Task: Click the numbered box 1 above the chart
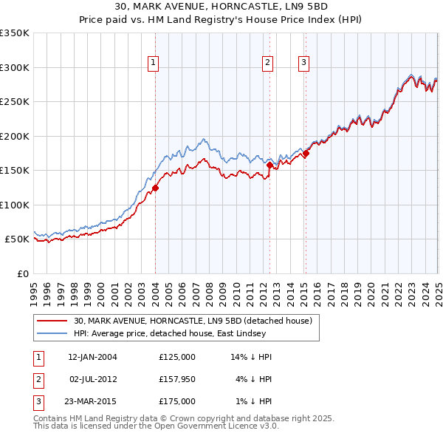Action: point(153,64)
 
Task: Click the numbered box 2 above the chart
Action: point(267,64)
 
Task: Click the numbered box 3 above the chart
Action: point(303,64)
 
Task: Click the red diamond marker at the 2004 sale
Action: point(156,188)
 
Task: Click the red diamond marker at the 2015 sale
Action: point(306,153)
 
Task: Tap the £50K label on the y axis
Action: point(17,239)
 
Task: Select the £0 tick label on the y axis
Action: point(23,273)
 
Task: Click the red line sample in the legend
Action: point(52,321)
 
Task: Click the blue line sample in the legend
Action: point(52,334)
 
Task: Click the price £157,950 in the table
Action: point(176,379)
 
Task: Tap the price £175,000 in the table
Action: point(176,401)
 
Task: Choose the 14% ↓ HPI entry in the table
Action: point(251,357)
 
